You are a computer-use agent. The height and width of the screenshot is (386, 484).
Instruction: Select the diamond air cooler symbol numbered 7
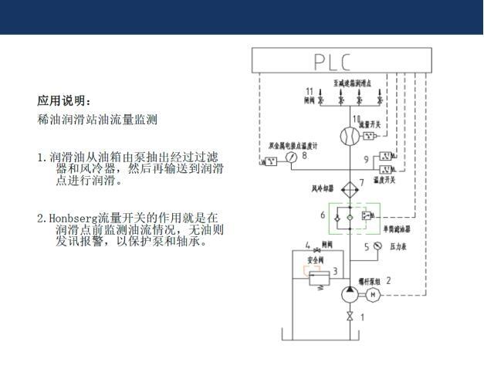click(349, 188)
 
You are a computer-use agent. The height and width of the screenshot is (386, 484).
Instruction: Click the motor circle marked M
click(374, 294)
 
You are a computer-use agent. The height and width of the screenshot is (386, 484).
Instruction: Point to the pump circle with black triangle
click(349, 294)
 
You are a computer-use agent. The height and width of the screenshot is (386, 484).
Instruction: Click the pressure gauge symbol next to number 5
click(377, 246)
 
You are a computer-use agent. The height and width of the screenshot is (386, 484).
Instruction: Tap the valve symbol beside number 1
click(349, 317)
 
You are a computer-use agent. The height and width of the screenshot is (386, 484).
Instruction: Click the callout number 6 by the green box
click(323, 215)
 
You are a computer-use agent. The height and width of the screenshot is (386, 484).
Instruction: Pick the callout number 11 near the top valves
click(310, 92)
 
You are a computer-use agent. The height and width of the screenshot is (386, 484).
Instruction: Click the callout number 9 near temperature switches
click(367, 160)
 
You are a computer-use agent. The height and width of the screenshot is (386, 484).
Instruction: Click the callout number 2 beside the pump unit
click(388, 281)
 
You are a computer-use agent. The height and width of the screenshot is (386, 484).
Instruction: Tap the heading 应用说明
click(64, 101)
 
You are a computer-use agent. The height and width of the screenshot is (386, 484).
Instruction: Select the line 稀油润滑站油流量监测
click(97, 120)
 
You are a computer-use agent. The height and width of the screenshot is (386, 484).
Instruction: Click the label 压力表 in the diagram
click(398, 247)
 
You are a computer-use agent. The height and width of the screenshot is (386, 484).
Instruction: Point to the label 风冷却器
click(322, 187)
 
